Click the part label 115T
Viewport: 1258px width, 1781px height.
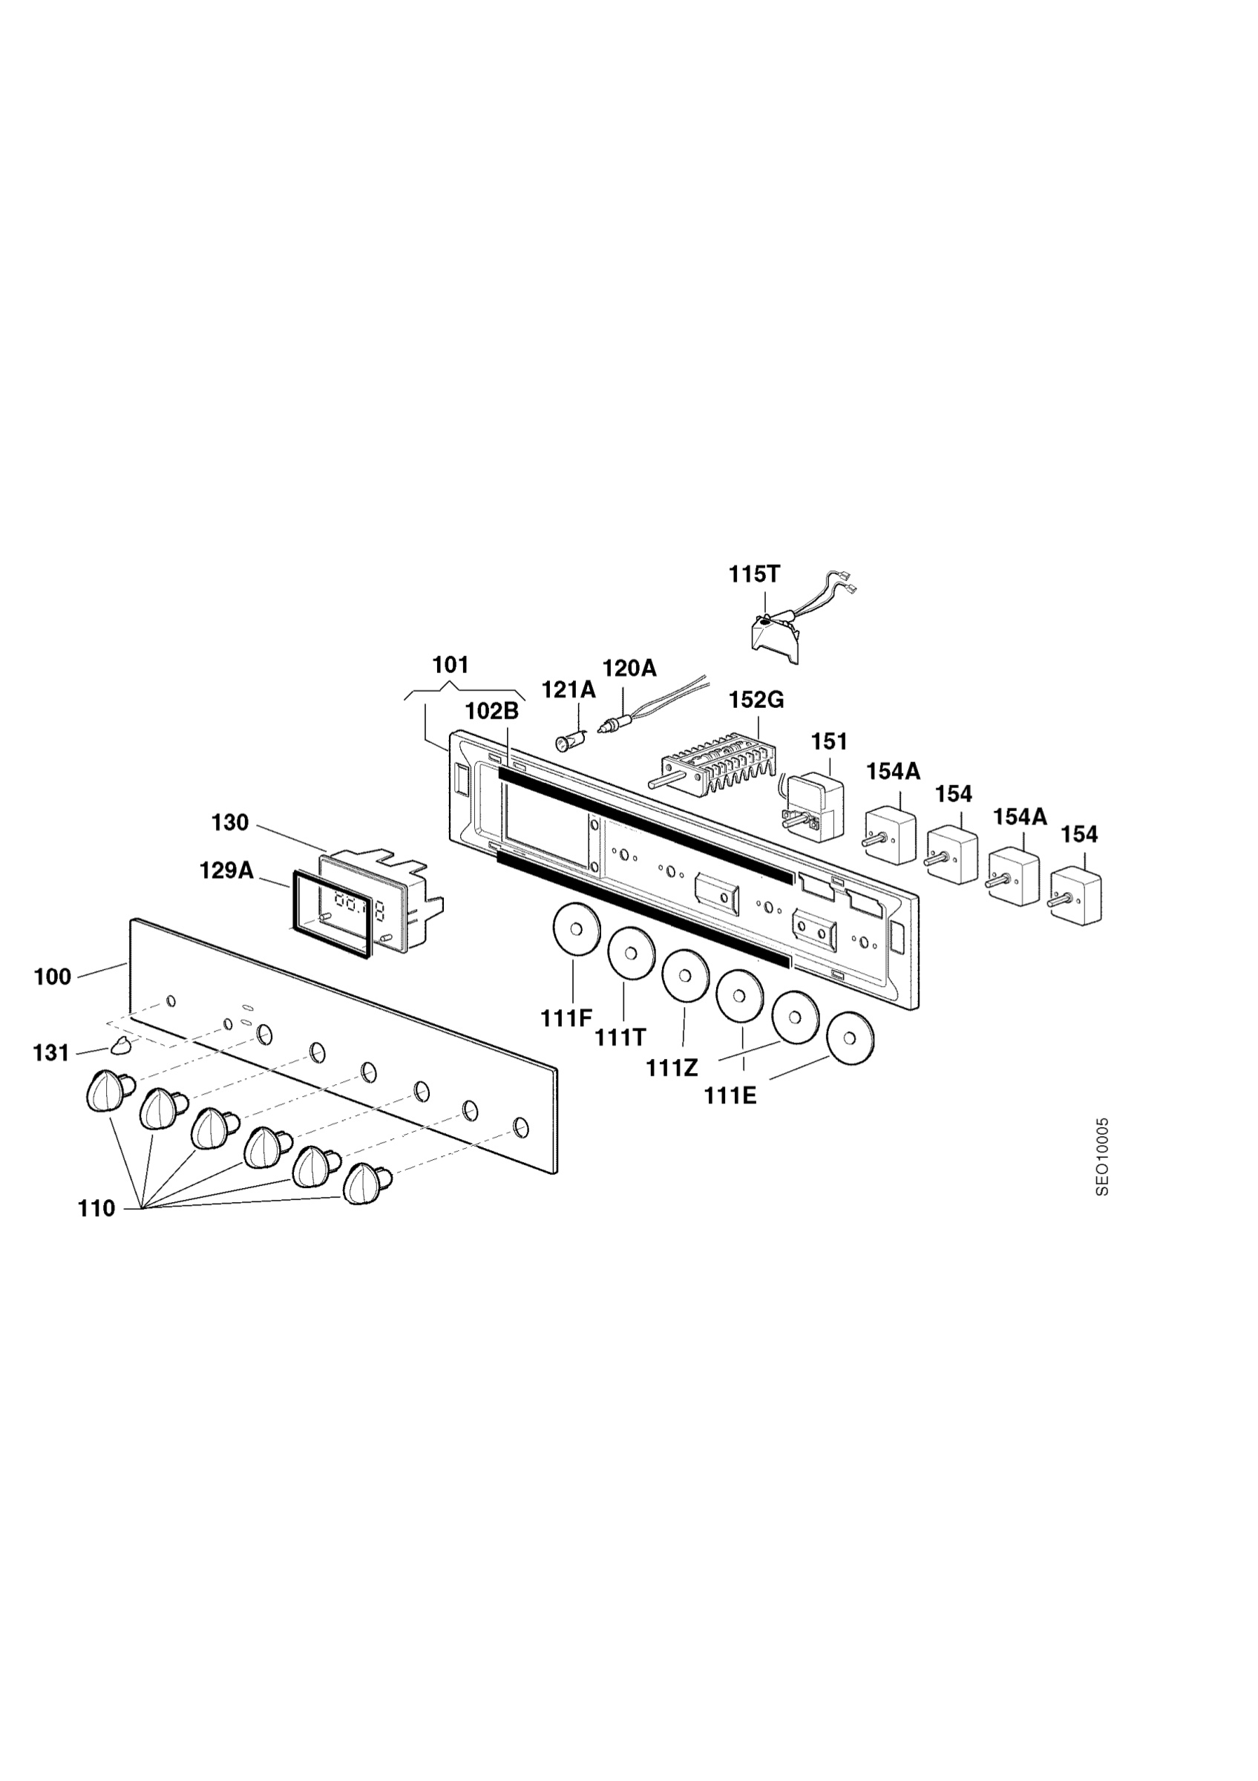click(x=754, y=575)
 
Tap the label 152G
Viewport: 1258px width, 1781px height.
click(x=756, y=701)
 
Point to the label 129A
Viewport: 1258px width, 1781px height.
click(x=226, y=870)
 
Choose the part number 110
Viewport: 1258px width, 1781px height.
click(x=96, y=1209)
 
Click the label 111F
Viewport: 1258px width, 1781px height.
click(x=566, y=1018)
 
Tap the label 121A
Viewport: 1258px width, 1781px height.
click(x=569, y=689)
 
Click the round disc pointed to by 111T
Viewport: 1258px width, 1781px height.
click(x=632, y=954)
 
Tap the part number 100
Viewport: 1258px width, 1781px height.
click(x=52, y=977)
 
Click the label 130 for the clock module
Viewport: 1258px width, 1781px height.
click(x=230, y=823)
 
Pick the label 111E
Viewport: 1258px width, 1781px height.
click(x=730, y=1096)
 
